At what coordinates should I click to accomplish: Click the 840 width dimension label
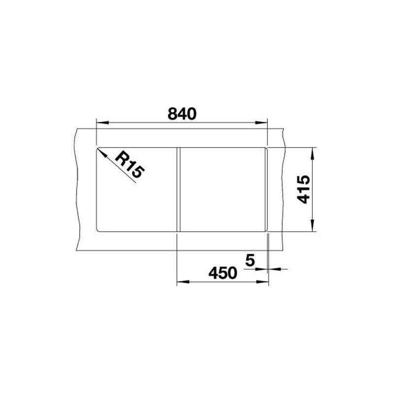[182, 114]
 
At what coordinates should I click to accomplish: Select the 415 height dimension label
[303, 189]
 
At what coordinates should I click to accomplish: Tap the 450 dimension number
[223, 273]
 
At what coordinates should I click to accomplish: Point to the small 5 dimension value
[250, 260]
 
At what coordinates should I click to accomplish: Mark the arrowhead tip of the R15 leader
[97, 148]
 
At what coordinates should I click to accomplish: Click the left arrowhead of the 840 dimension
[102, 123]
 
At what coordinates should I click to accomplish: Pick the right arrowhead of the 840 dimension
[261, 123]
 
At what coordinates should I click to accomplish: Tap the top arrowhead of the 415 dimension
[312, 154]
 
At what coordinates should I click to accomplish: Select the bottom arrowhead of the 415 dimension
[312, 225]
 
